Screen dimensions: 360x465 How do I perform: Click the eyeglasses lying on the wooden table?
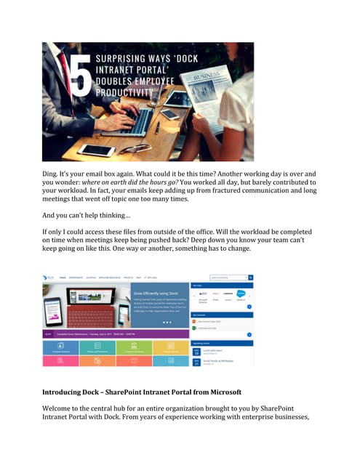(133, 148)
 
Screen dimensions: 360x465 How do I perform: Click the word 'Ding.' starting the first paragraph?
(52, 174)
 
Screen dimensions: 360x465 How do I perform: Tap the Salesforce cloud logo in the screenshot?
(241, 295)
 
